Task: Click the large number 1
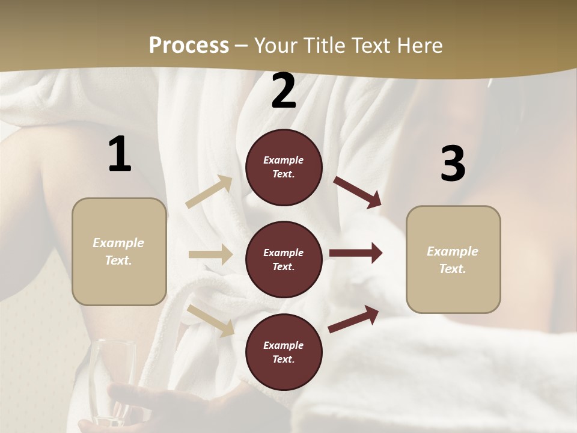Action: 120,155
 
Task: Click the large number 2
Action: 284,91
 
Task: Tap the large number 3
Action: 453,164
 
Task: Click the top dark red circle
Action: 284,167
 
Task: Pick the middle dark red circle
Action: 284,259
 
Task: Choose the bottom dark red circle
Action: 284,352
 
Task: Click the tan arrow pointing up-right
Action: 210,192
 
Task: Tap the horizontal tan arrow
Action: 210,254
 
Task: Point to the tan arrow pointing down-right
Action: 211,320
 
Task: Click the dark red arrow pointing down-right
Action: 358,192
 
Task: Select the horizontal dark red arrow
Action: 356,253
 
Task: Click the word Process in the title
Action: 189,45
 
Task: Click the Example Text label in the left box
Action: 118,251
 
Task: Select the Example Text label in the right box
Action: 453,260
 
